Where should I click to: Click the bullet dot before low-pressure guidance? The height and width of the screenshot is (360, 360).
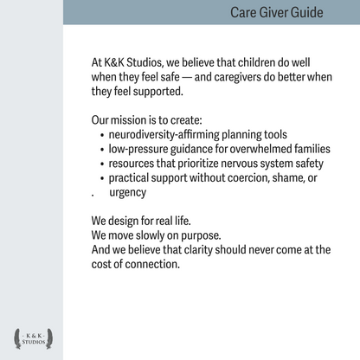pyautogui.click(x=103, y=151)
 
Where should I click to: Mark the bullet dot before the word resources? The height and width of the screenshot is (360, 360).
pyautogui.click(x=103, y=165)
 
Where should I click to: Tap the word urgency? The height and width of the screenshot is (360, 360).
pyautogui.click(x=127, y=193)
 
